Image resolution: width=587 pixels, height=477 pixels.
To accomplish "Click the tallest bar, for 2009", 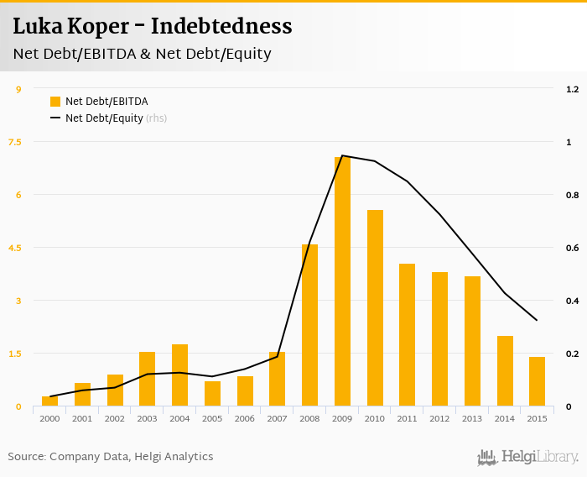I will [342, 281].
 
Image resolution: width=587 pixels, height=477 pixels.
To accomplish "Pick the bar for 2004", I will [179, 375].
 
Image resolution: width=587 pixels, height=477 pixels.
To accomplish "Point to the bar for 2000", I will [49, 401].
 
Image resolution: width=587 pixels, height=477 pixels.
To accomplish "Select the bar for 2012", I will [439, 339].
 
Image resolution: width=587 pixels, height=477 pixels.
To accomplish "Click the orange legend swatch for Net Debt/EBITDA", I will [55, 102].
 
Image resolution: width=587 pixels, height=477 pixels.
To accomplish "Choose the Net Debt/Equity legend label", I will [104, 118].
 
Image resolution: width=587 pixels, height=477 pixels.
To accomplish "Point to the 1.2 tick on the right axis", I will [573, 89].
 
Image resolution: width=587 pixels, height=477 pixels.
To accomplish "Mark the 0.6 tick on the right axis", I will [573, 248].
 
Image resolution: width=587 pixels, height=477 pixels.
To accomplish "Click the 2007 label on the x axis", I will [277, 418].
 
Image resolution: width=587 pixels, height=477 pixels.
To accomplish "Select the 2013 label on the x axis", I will [472, 418].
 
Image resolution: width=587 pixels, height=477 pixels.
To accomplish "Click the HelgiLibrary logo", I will [527, 457].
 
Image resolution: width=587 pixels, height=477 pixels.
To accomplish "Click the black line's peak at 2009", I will [342, 155].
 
